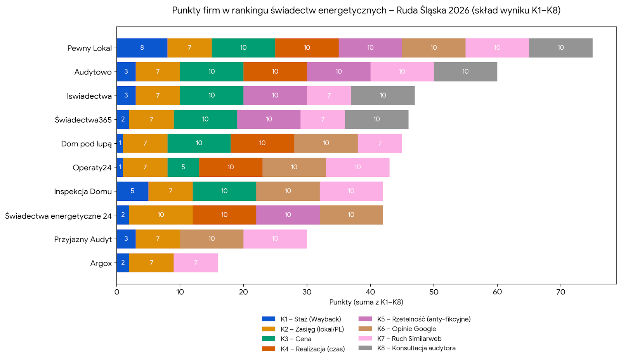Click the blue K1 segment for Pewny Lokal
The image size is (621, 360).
tap(142, 48)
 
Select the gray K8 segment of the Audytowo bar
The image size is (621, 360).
tap(465, 71)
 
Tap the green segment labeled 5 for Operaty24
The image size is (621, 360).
tap(183, 167)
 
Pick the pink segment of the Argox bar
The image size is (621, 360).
tap(196, 263)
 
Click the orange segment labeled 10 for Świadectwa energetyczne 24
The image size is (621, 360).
tap(161, 215)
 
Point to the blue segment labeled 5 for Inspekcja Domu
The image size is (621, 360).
tap(132, 191)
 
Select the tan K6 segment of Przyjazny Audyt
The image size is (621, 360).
tap(212, 238)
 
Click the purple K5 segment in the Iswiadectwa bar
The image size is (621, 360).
tap(275, 96)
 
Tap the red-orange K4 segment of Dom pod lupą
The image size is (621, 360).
tap(262, 143)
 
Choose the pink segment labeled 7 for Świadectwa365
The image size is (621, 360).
tap(323, 119)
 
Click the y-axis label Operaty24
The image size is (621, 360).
tap(92, 168)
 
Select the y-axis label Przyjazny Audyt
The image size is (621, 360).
tap(83, 239)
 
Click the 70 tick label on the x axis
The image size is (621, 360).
tap(560, 292)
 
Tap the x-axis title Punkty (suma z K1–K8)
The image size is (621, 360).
tap(366, 302)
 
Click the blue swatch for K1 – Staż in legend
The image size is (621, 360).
tap(269, 319)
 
